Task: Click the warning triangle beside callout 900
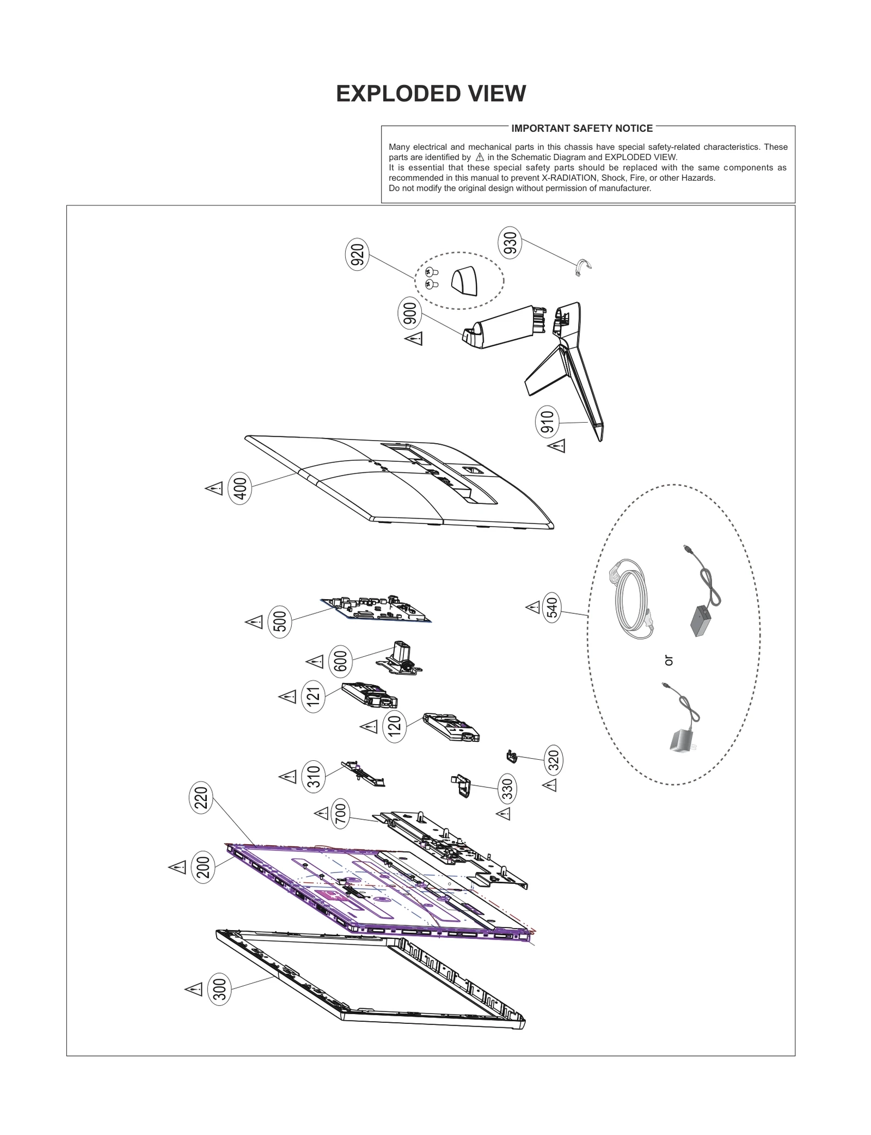414,339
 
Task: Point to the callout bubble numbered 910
547,422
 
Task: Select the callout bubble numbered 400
240,489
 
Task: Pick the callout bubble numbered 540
552,607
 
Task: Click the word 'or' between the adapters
668,661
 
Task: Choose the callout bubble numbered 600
340,661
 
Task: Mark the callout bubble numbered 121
313,696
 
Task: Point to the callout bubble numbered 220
201,798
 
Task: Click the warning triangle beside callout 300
194,988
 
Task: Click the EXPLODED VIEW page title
431,94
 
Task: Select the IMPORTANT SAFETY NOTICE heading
581,129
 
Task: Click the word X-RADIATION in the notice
570,178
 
